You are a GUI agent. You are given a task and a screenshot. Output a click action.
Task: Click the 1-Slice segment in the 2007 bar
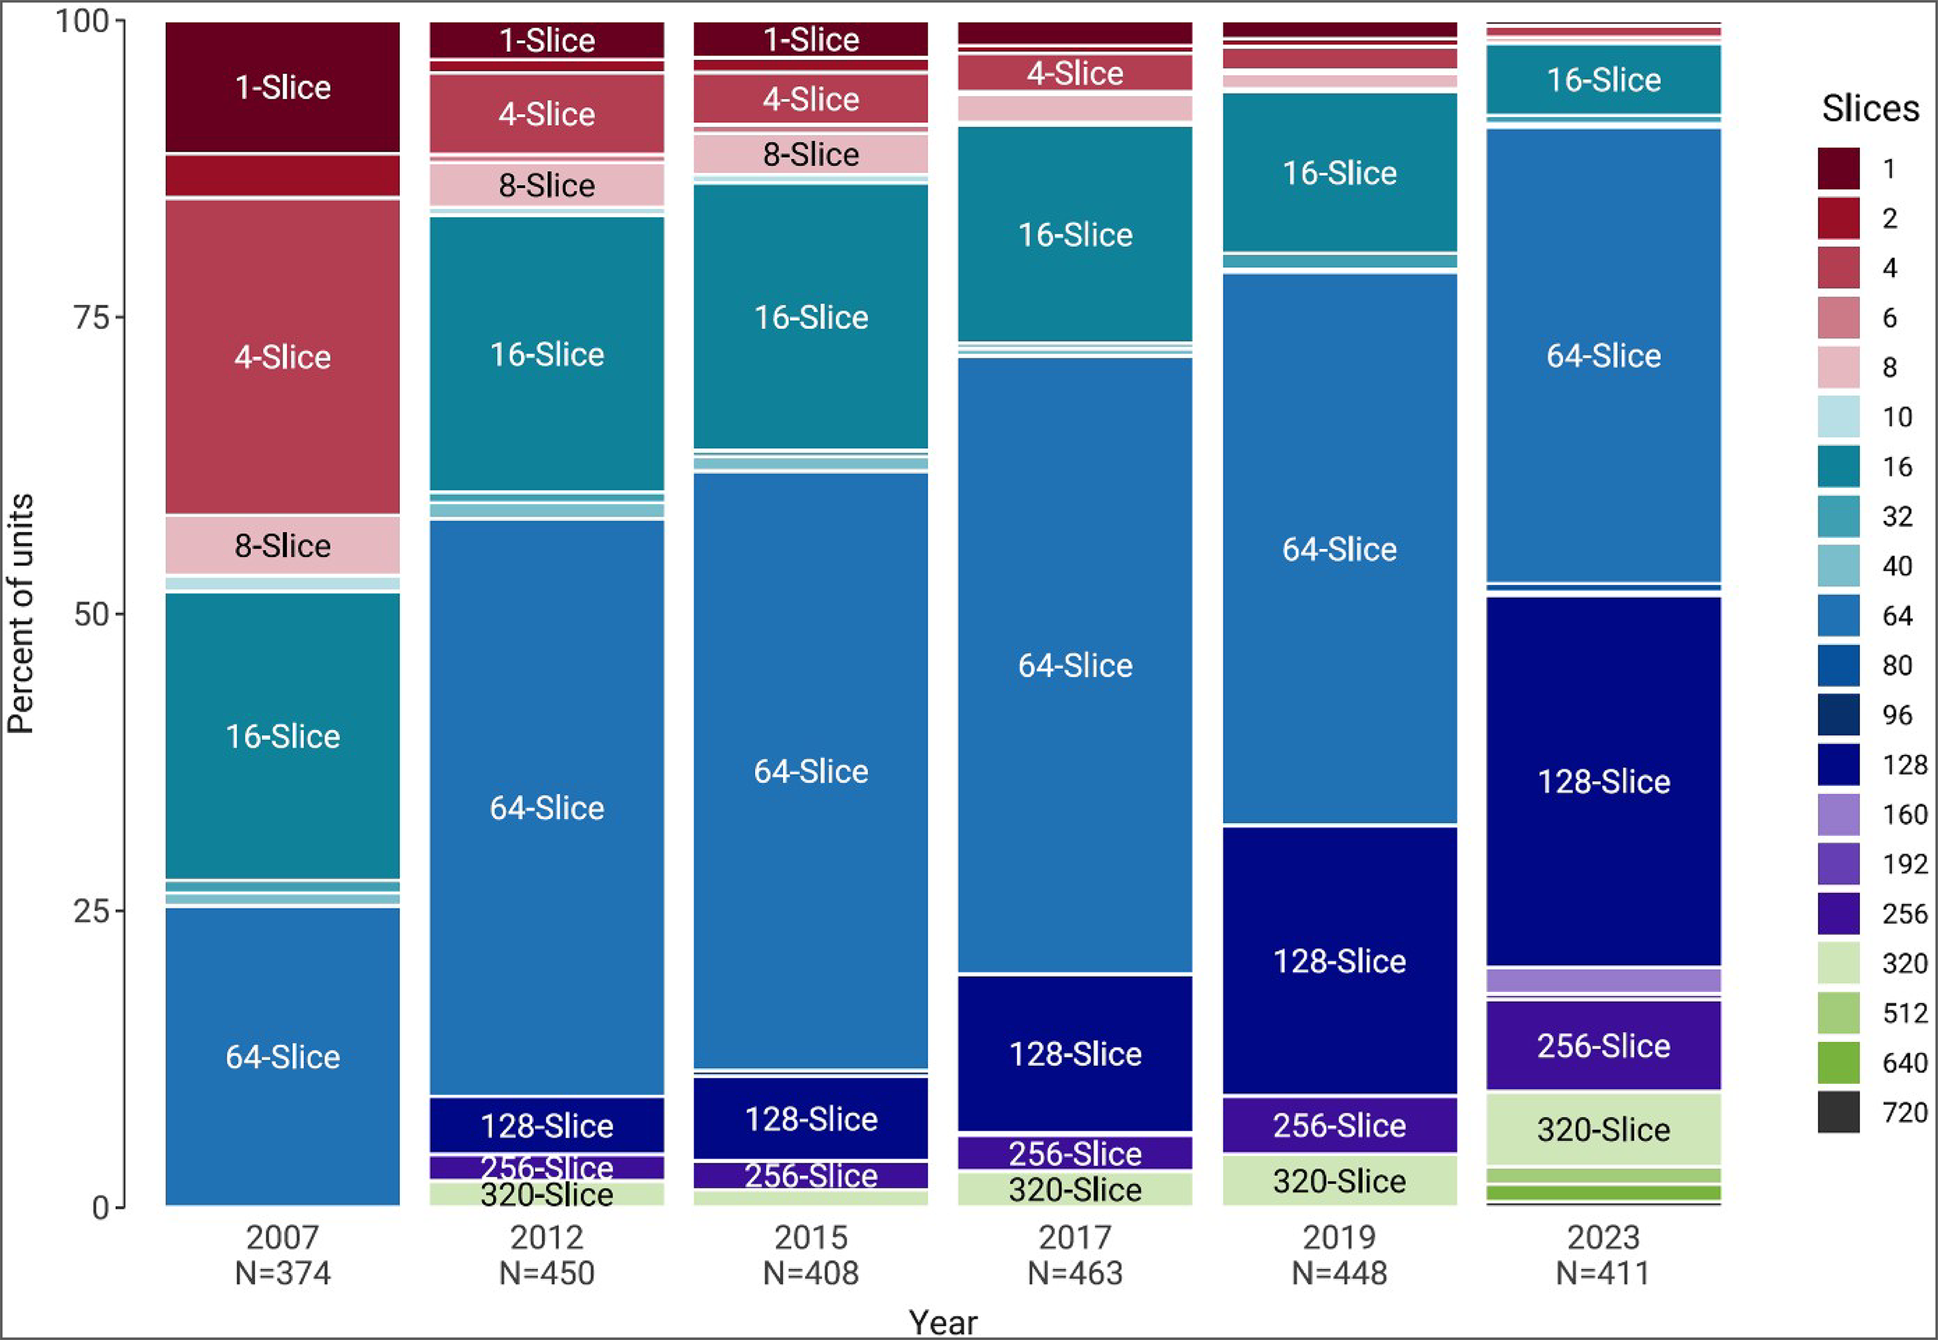[282, 87]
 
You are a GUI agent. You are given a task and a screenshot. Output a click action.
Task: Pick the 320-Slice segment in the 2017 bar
[1075, 1189]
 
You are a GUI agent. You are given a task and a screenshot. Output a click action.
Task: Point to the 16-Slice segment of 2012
[547, 354]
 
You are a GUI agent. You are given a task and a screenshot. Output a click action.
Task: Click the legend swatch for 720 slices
[1838, 1113]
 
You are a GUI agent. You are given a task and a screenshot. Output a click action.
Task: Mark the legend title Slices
[1870, 108]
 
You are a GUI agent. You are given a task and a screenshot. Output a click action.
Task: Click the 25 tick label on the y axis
[91, 911]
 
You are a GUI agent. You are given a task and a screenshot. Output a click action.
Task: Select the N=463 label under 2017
[1075, 1274]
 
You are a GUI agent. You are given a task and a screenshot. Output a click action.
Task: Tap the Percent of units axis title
[20, 613]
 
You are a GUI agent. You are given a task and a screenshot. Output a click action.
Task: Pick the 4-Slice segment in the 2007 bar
[282, 357]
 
